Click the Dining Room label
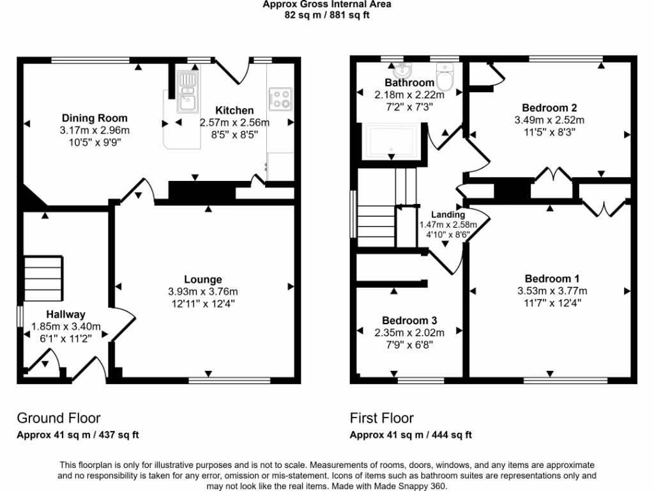95,118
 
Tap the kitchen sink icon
188,90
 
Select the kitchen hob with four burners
280,98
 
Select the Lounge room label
203,279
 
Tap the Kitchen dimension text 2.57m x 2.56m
234,123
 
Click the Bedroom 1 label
552,279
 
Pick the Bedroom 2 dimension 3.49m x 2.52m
549,120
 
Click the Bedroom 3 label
409,320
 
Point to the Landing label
448,215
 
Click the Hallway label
65,314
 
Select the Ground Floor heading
58,418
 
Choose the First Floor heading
382,418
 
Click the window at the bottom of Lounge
230,380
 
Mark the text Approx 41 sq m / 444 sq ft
411,435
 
